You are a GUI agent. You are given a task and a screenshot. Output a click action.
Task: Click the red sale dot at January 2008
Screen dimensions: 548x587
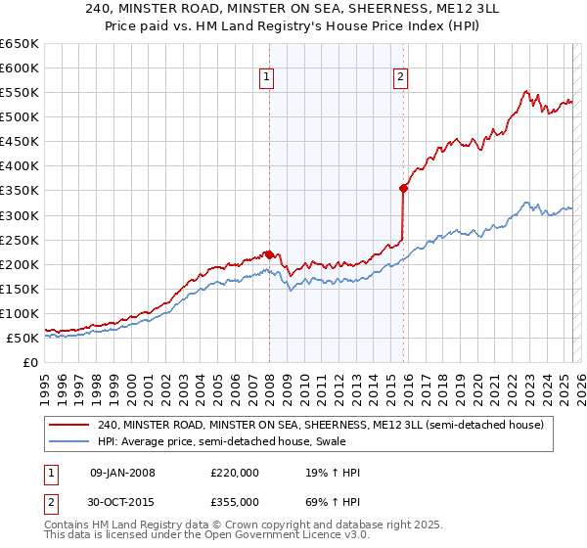269,254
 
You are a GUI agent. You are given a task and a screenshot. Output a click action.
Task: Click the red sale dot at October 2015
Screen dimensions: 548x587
403,188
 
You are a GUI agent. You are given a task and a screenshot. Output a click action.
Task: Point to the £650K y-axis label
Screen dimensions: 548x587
20,44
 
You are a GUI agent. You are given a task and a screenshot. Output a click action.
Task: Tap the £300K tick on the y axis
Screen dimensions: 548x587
20,215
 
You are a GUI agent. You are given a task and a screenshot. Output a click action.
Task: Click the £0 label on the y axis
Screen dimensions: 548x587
29,362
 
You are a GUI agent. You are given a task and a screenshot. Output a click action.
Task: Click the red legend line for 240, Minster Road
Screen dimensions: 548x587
69,425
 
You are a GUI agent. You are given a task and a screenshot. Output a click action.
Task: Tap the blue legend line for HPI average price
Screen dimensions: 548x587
69,441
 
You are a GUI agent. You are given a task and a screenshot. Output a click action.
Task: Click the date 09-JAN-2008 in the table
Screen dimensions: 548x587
122,474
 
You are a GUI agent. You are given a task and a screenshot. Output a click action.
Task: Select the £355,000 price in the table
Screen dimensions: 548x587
235,501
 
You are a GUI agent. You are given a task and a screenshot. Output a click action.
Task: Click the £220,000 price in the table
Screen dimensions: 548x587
235,474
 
